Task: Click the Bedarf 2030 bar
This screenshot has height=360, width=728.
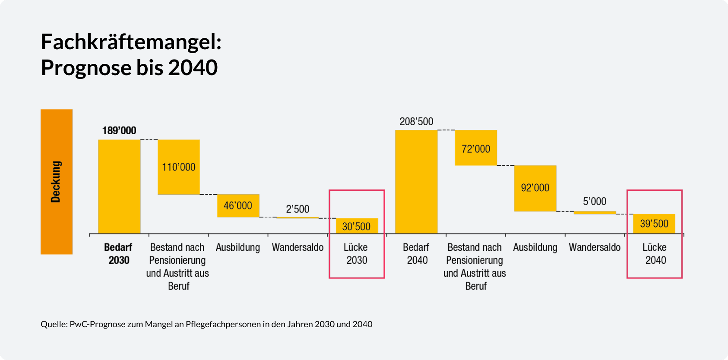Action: [x=119, y=186]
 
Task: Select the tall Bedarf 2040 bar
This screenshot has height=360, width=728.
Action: [x=416, y=182]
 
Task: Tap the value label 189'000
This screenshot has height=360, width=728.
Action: [x=119, y=130]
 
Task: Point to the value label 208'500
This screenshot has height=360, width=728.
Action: [x=416, y=121]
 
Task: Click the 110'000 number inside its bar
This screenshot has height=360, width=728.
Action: [x=179, y=167]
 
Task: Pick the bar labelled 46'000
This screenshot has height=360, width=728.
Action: [x=238, y=205]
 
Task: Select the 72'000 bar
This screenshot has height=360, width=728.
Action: [x=476, y=148]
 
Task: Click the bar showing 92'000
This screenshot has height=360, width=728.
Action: [x=535, y=188]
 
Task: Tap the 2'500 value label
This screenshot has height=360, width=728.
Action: [x=298, y=209]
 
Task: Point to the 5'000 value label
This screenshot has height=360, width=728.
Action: [x=595, y=201]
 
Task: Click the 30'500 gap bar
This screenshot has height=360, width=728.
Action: [x=357, y=226]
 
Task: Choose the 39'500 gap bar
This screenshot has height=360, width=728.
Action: [x=654, y=224]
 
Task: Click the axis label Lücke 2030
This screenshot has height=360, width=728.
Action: [x=356, y=254]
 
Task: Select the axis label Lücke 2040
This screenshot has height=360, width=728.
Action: [x=655, y=254]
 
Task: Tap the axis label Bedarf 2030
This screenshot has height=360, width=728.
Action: [x=118, y=254]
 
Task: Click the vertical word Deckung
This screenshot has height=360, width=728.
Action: [x=56, y=182]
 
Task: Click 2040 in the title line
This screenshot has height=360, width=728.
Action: [x=193, y=68]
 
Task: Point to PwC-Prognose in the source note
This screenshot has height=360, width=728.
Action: [x=97, y=324]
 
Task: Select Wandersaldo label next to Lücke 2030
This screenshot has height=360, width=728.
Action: [x=298, y=247]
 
